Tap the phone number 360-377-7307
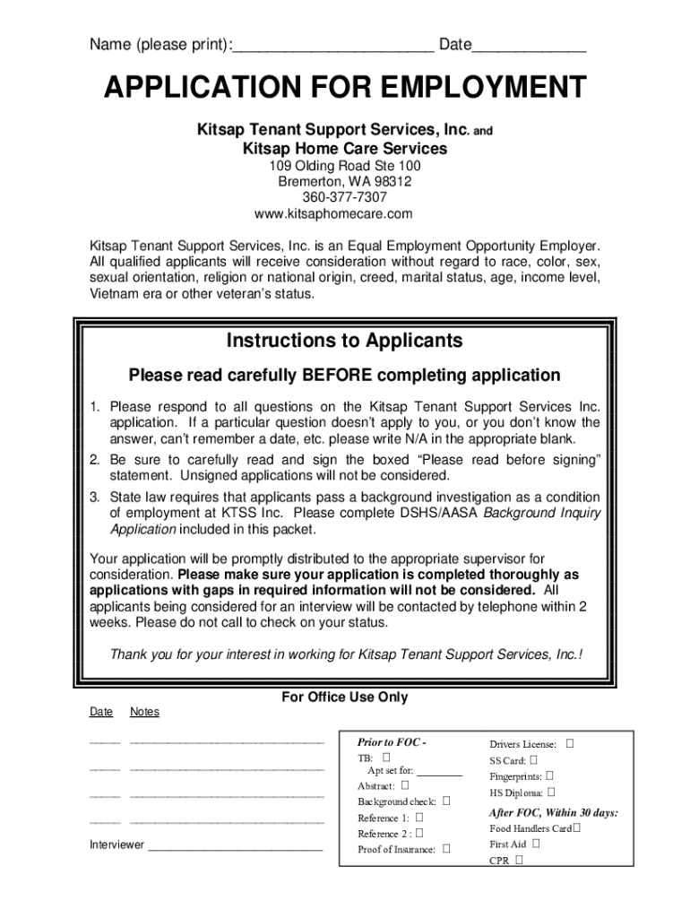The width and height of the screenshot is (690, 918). tap(345, 197)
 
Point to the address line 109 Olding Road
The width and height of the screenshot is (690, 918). tap(345, 167)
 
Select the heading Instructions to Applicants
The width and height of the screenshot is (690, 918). tap(345, 341)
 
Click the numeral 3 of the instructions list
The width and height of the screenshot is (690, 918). tap(93, 497)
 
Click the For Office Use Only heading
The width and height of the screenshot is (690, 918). tap(345, 697)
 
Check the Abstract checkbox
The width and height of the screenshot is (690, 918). tap(404, 785)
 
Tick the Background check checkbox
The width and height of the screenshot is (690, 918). tap(445, 801)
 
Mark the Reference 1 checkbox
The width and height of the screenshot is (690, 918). tap(418, 817)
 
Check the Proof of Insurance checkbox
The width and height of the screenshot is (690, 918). tap(445, 848)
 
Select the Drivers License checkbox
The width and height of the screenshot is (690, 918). tap(570, 743)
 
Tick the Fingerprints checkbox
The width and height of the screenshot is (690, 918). tap(550, 775)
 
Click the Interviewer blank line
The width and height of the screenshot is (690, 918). tap(235, 844)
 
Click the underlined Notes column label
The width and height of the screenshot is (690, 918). tap(144, 712)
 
